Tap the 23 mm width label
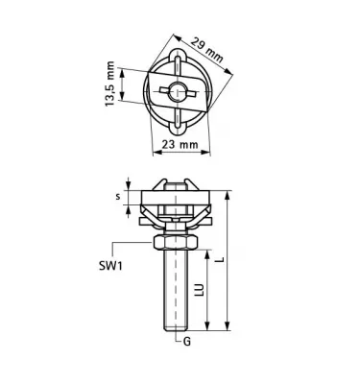(x=180, y=144)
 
